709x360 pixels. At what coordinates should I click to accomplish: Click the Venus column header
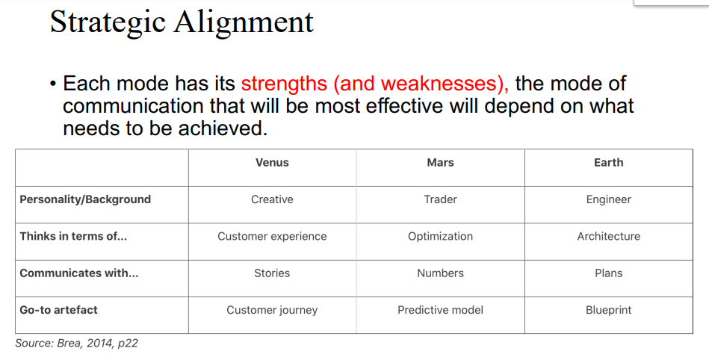pos(272,163)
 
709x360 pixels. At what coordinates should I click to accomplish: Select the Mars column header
pos(440,163)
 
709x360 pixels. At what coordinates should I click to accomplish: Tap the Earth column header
pos(609,163)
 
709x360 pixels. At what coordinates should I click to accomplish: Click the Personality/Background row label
pos(85,199)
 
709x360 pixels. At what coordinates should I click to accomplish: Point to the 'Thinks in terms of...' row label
pos(73,236)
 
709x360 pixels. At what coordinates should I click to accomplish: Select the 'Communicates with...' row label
pos(79,273)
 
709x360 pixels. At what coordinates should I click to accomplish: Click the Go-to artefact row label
pos(58,310)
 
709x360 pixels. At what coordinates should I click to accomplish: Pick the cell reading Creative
pos(272,199)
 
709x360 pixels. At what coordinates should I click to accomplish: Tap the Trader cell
pos(440,199)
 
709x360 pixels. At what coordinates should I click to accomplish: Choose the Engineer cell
pos(609,200)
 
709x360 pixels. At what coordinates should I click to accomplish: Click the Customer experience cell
pos(272,237)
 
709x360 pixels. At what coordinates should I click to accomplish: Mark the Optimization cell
pos(440,237)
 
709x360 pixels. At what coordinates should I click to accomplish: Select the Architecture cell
pos(609,236)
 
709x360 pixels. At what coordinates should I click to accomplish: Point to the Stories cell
pos(272,273)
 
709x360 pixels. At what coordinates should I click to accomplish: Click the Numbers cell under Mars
pos(440,273)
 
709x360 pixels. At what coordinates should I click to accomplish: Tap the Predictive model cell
pos(440,310)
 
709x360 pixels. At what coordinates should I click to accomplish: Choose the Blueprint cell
pos(609,310)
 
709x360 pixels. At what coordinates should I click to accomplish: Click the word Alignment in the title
pos(244,22)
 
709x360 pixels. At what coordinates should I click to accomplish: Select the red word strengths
pos(284,84)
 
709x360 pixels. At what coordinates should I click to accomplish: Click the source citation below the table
pos(76,344)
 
